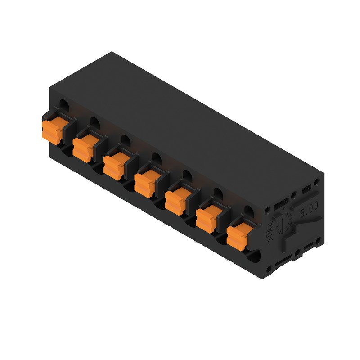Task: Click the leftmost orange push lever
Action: coord(51,130)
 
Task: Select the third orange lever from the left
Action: coord(113,166)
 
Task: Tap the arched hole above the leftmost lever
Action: coord(64,105)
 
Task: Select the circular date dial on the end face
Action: coord(284,221)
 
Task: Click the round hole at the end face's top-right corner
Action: coord(317,182)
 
